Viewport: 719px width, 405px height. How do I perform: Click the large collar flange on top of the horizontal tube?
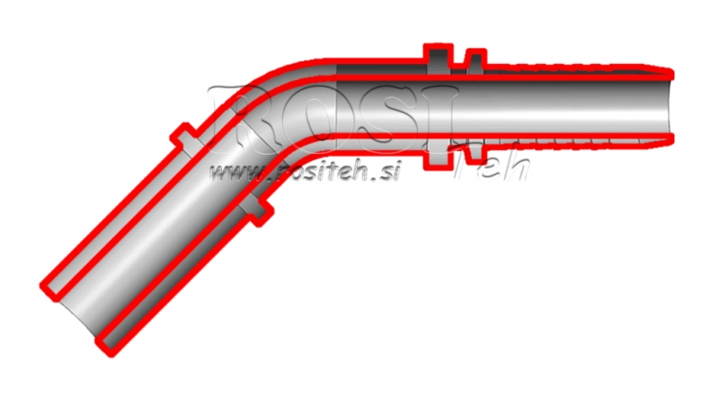point(437,58)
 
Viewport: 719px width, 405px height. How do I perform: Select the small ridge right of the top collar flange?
point(470,62)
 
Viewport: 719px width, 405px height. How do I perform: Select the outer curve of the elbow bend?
point(270,76)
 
